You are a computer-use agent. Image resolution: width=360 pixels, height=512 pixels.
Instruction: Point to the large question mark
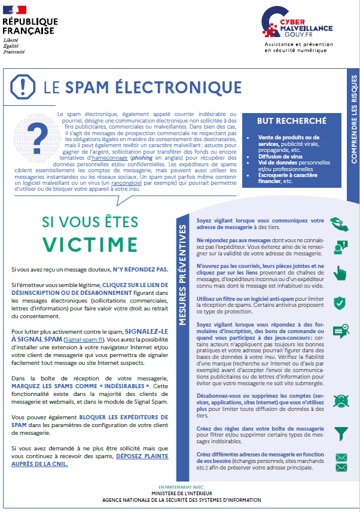[x=38, y=133]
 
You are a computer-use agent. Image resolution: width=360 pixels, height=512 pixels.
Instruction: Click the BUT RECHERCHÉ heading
[x=292, y=121]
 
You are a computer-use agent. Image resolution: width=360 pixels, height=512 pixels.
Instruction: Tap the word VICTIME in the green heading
[x=90, y=244]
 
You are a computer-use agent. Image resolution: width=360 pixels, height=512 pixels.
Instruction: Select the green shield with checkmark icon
[x=339, y=302]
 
